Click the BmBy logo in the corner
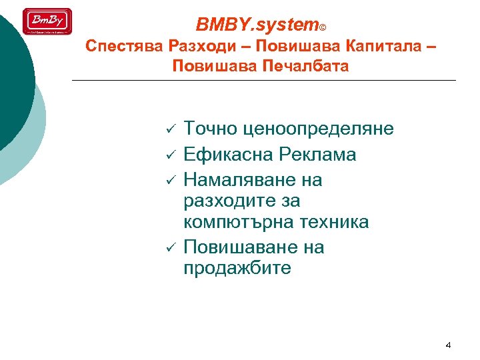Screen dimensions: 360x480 pyautogui.click(x=47, y=21)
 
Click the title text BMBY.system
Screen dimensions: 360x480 pyautogui.click(x=257, y=25)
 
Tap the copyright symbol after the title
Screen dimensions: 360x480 pyautogui.click(x=323, y=28)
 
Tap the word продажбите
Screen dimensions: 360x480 pyautogui.click(x=237, y=269)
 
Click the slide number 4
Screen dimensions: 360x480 pyautogui.click(x=448, y=345)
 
